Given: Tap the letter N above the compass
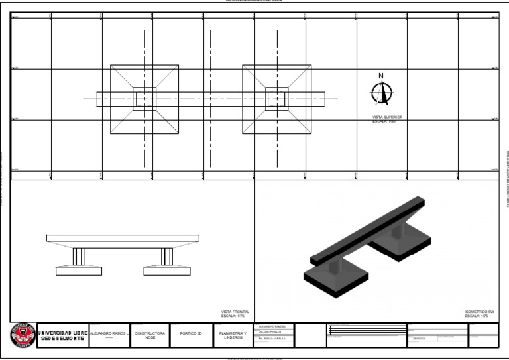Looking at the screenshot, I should coord(381,76).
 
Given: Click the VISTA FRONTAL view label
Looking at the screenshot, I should coord(235,314).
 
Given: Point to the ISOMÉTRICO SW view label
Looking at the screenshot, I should coord(480,314).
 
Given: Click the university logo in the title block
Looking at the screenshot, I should coord(23,335).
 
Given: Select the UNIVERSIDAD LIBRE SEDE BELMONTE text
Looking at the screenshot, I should coord(63,335).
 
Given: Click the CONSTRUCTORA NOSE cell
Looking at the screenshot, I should coord(150,335).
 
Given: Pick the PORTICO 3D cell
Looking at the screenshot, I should coord(190,334).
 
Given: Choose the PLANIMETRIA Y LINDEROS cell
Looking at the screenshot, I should coord(232,335).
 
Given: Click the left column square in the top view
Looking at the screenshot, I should coord(144,99).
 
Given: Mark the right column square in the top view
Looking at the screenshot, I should coord(277,99).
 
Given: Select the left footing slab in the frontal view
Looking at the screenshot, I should coord(78,270).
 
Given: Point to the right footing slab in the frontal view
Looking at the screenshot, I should coord(166,270).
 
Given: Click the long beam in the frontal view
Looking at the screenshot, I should coord(123,238).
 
